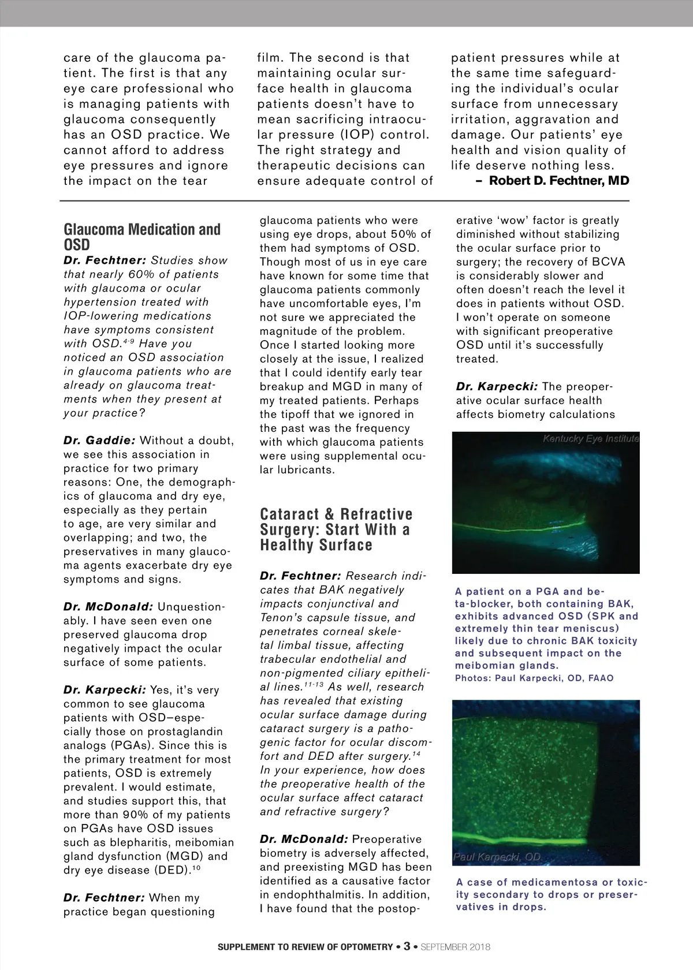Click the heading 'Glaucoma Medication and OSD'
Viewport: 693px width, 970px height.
coord(142,237)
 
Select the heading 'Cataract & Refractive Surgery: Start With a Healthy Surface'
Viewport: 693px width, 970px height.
coord(336,529)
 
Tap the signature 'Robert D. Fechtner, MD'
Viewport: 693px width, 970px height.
coord(558,181)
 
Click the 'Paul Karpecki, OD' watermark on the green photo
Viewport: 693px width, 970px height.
coord(497,857)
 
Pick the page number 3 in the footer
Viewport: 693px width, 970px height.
coord(407,946)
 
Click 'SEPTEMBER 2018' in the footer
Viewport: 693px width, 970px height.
coord(456,947)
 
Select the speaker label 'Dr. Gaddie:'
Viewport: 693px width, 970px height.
coord(99,441)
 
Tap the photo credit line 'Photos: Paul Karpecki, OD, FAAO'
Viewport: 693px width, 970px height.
coord(534,678)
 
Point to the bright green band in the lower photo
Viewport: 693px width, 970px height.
coord(543,835)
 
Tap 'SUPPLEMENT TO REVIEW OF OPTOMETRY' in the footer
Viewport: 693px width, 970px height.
coord(305,947)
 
